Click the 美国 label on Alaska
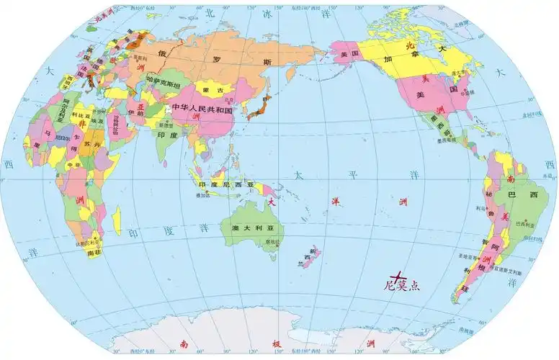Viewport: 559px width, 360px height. click(349, 55)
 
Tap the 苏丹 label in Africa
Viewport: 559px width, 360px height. click(89, 144)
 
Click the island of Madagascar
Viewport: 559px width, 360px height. click(117, 218)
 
